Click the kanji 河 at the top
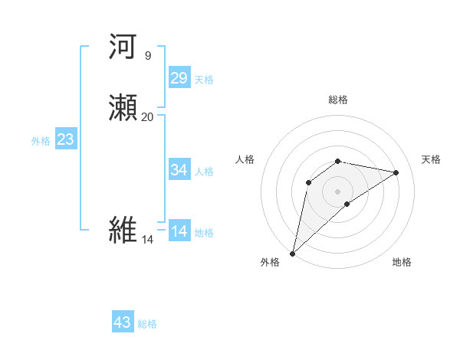coord(123,47)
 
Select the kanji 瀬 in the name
coord(123,109)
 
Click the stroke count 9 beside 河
coord(147,55)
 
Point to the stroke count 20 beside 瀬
coord(147,116)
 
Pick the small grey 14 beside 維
coord(147,239)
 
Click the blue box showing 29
coord(179,77)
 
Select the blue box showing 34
coord(179,169)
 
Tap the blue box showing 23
coord(65,139)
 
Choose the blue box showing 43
coord(123,322)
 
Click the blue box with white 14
coord(179,231)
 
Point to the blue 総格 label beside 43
coord(147,324)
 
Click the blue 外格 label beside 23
coord(41,141)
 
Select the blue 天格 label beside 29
coord(204,80)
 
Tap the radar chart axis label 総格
coord(337,100)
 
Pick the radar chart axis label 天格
coord(431,159)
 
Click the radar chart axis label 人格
coord(245,159)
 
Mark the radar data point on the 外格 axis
coord(292,253)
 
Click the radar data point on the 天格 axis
coord(396,172)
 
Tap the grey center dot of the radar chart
coord(337,191)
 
